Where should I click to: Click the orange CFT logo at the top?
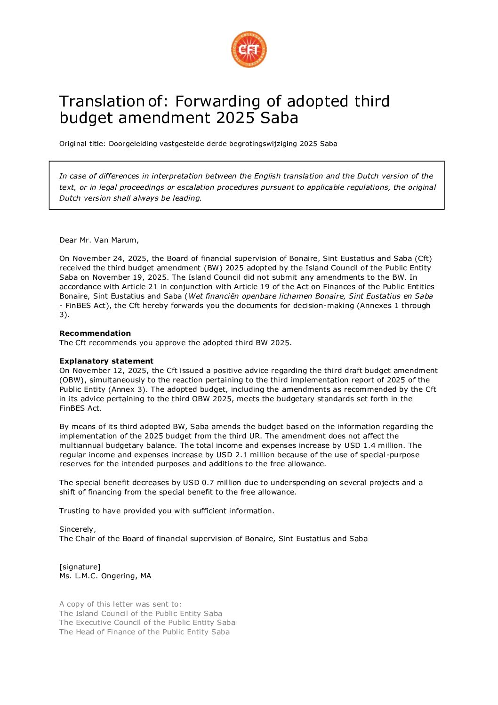click(249, 49)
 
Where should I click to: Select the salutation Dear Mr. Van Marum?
click(99, 240)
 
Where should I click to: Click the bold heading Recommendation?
click(95, 333)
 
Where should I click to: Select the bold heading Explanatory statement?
click(106, 361)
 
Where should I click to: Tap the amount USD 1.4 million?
click(375, 446)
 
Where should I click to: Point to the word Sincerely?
click(77, 529)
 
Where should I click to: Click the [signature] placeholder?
click(80, 567)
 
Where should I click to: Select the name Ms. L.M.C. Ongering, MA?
click(105, 576)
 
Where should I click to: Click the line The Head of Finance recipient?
click(145, 632)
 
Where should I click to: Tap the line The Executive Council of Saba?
click(147, 623)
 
